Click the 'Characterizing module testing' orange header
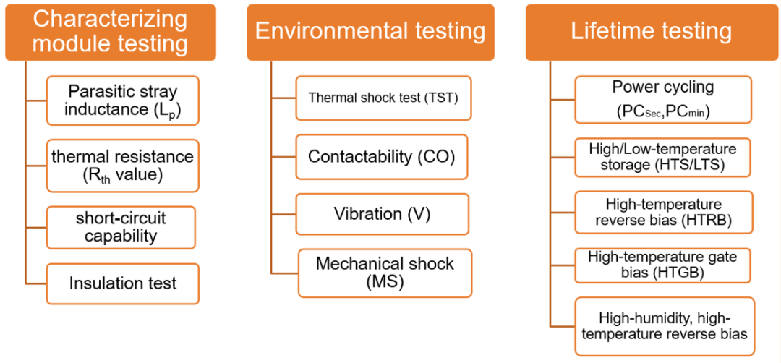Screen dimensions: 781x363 [111, 33]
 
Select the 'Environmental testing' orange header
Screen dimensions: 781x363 [370, 33]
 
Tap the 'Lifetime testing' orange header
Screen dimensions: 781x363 [651, 33]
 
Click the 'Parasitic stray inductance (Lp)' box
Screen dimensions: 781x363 [122, 100]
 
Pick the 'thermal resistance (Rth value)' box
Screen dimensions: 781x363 [122, 166]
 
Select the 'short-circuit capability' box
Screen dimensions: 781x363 [121, 228]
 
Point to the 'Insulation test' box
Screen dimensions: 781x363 [122, 284]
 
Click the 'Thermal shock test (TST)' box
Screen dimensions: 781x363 [383, 98]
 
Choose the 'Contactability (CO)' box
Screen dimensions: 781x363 [382, 156]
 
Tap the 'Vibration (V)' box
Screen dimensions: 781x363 [382, 214]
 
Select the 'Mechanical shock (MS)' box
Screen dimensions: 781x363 [385, 273]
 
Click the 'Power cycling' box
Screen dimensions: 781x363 [662, 100]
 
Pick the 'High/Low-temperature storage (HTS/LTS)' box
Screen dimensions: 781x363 [662, 157]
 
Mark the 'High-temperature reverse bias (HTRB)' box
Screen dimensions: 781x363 [662, 212]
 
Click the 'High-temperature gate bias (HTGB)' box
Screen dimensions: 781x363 [662, 267]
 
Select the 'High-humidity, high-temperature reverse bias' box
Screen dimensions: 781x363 [665, 326]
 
